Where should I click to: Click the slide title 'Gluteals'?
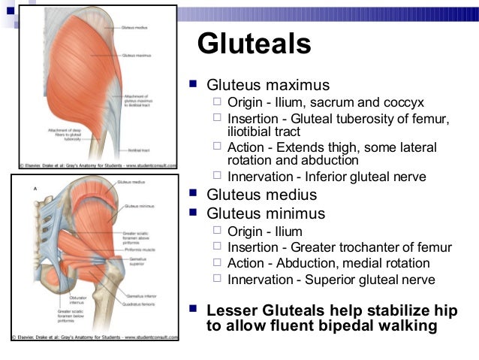tap(254, 44)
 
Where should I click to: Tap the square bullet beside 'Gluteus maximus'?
tap(194, 84)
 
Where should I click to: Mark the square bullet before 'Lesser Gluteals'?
tap(194, 309)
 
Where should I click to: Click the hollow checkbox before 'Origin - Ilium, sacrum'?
tap(217, 101)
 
